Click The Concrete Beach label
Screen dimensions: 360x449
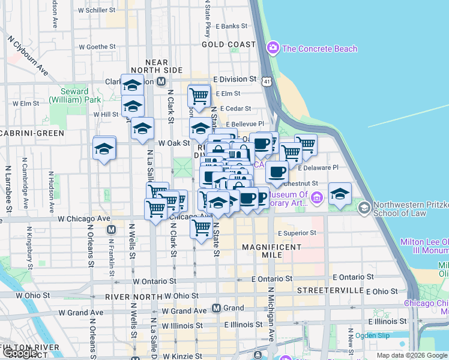point(319,49)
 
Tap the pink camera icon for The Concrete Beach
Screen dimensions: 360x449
point(274,47)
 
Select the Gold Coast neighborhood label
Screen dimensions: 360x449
point(229,44)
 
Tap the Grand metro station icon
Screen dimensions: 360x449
point(217,308)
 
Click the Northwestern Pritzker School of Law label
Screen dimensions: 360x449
point(408,209)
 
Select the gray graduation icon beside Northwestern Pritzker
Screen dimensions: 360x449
point(364,208)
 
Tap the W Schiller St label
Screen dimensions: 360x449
point(101,11)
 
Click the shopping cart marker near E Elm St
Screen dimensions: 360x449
point(199,94)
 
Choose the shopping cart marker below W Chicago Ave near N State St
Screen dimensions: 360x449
point(201,227)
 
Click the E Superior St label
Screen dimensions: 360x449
point(297,233)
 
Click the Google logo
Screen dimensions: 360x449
point(20,353)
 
